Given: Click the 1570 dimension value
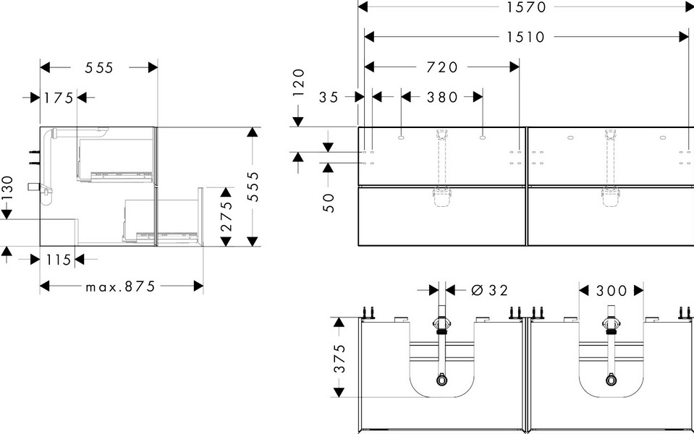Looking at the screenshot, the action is (x=526, y=7).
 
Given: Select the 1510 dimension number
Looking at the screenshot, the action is (x=526, y=37).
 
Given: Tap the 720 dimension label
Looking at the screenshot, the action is (x=441, y=67).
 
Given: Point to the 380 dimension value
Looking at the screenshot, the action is (x=441, y=97).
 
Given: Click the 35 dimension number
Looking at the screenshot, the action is (x=329, y=97).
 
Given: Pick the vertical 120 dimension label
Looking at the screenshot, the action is (x=299, y=82).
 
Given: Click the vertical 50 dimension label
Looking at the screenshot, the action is (x=329, y=203).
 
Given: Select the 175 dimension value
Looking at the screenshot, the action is (x=59, y=98).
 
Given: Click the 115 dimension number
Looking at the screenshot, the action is (x=59, y=260).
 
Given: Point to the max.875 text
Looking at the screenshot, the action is (x=120, y=286).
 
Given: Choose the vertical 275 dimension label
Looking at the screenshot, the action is (x=227, y=216).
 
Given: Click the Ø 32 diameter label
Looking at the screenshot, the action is (x=490, y=290).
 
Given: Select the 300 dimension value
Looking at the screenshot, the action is (x=612, y=291).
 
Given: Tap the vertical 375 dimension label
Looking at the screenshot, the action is (x=339, y=358).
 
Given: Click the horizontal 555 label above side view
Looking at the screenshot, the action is (x=99, y=68).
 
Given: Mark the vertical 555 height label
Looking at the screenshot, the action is (x=253, y=186).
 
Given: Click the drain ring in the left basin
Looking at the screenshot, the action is (x=441, y=380).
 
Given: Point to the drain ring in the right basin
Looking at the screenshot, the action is (x=612, y=380).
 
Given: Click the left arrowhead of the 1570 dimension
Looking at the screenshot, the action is (x=363, y=7).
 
